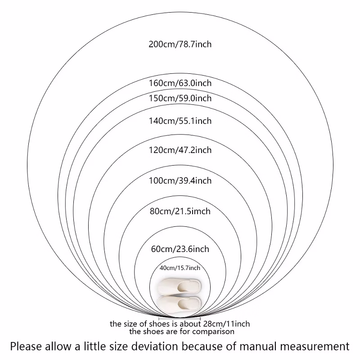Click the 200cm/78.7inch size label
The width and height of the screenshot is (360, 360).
[x=180, y=44]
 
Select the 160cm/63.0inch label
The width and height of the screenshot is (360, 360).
[x=180, y=83]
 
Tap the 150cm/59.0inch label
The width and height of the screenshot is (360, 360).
[x=180, y=98]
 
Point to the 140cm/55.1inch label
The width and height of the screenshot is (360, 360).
[x=180, y=121]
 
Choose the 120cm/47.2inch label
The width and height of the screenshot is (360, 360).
[x=180, y=150]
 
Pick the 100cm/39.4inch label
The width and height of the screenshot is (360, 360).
[x=180, y=181]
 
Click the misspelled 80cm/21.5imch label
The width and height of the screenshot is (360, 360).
[x=180, y=211]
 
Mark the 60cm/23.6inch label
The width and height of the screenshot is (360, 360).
[x=180, y=249]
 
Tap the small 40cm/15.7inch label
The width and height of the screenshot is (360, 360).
[x=180, y=268]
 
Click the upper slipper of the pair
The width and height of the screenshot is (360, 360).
[x=179, y=286]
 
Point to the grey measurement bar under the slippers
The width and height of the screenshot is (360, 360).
[x=180, y=319]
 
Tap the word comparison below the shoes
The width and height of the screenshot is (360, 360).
[x=213, y=332]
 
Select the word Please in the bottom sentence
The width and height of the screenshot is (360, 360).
[x=26, y=346]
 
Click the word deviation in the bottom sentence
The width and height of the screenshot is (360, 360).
[x=154, y=346]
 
